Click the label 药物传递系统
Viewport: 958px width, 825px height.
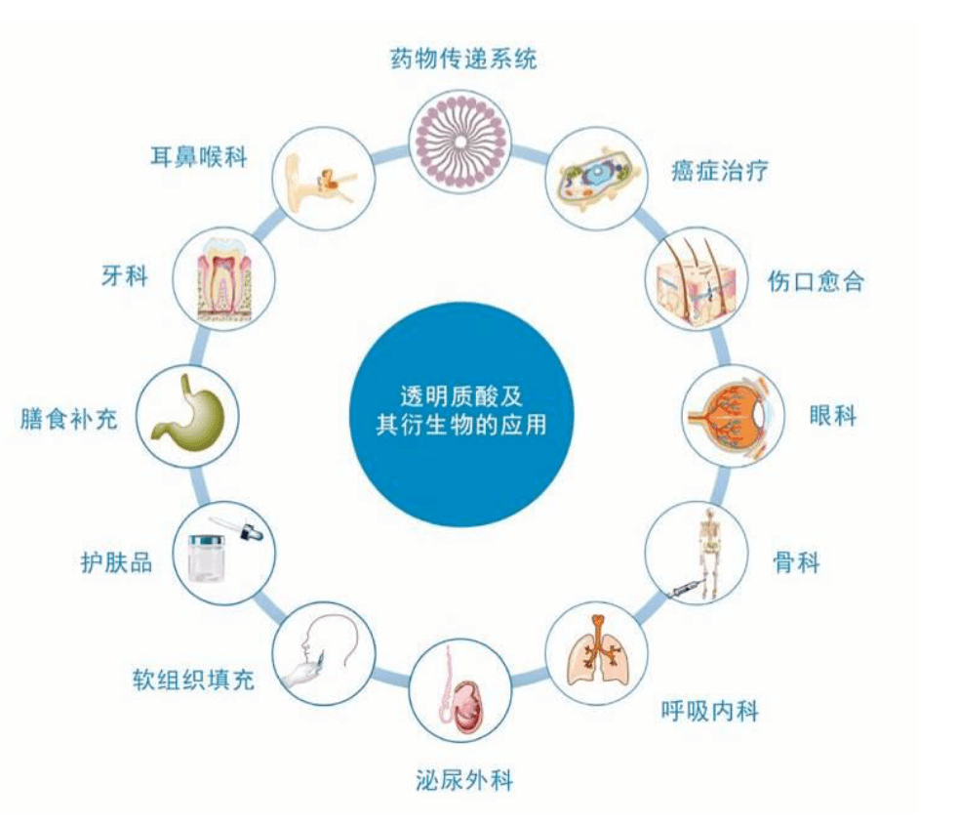(x=463, y=60)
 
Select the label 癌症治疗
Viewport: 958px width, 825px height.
(x=719, y=170)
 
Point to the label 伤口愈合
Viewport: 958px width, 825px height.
(x=816, y=281)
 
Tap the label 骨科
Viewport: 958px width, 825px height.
(x=796, y=561)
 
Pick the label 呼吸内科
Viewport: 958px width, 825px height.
(x=710, y=711)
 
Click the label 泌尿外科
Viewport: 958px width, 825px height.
(x=464, y=780)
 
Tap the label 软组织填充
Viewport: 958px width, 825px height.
(x=193, y=679)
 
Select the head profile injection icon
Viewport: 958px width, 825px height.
(x=323, y=653)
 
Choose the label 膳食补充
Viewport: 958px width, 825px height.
(x=68, y=419)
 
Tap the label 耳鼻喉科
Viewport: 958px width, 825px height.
(x=199, y=156)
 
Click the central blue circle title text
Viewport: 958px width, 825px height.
(x=461, y=410)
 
